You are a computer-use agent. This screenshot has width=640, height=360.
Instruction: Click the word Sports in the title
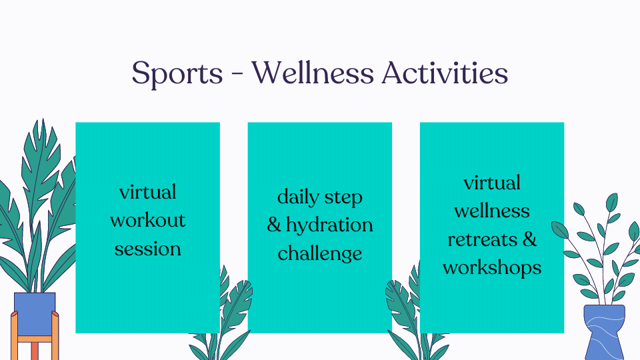(x=177, y=73)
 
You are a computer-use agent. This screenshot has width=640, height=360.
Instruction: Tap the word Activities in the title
(x=445, y=73)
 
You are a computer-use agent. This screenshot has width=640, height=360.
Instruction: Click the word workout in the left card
(x=147, y=221)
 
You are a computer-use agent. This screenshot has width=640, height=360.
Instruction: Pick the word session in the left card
(x=147, y=249)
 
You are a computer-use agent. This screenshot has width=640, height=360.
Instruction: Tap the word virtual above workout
(x=147, y=192)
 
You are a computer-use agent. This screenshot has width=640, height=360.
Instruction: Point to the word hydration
(x=329, y=226)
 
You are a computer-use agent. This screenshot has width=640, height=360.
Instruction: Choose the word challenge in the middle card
(x=320, y=253)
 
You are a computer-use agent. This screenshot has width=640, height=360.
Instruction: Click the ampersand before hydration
(x=274, y=225)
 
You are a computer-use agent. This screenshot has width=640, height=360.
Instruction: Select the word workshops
(x=492, y=268)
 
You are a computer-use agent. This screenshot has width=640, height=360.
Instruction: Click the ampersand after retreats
(x=529, y=239)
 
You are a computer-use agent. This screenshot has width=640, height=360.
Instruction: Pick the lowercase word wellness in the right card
(x=492, y=211)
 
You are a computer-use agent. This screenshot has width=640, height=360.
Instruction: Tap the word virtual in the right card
(x=492, y=183)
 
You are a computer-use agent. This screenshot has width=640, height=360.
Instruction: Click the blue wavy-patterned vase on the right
(x=604, y=331)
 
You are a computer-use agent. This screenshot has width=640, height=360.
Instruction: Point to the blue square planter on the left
(x=35, y=313)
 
